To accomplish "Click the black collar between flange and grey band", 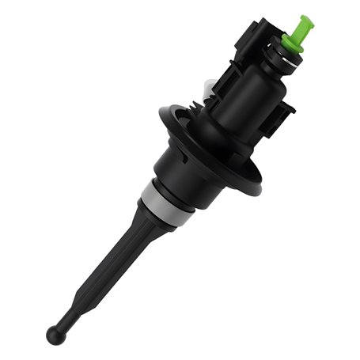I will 190,170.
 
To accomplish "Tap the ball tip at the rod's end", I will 55,335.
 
